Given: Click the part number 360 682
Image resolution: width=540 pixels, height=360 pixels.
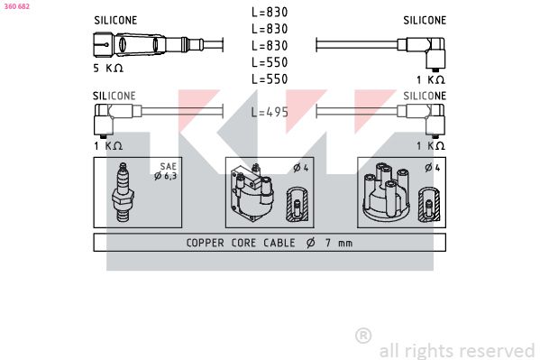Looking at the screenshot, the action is [x=17, y=6].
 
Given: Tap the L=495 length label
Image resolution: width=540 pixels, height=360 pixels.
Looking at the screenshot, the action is [x=270, y=112].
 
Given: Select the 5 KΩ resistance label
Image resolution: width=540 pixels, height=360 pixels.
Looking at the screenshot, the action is [x=108, y=68].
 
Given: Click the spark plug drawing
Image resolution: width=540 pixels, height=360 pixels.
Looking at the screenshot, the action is [x=123, y=192].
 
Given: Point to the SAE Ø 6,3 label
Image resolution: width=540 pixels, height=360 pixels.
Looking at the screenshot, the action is [x=166, y=171].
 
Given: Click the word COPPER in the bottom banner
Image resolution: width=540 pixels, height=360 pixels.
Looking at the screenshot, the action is [x=205, y=243].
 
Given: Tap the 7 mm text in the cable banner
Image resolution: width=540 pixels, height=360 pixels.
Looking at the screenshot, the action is [x=339, y=243].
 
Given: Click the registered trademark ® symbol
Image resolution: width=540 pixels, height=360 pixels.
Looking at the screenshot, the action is [x=363, y=336].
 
